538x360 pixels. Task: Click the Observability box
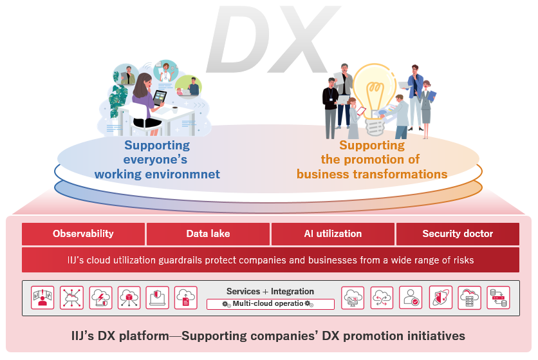click(84, 234)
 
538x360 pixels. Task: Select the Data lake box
click(208, 234)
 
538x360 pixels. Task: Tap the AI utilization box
click(333, 234)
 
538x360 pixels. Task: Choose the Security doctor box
click(458, 234)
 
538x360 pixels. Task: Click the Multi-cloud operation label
click(270, 303)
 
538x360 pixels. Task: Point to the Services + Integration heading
click(270, 291)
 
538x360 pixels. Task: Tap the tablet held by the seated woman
click(159, 98)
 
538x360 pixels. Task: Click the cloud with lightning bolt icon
click(100, 297)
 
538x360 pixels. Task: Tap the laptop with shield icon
click(157, 297)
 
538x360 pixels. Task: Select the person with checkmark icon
click(411, 297)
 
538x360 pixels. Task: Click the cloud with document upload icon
click(185, 297)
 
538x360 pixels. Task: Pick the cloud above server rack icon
click(469, 297)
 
